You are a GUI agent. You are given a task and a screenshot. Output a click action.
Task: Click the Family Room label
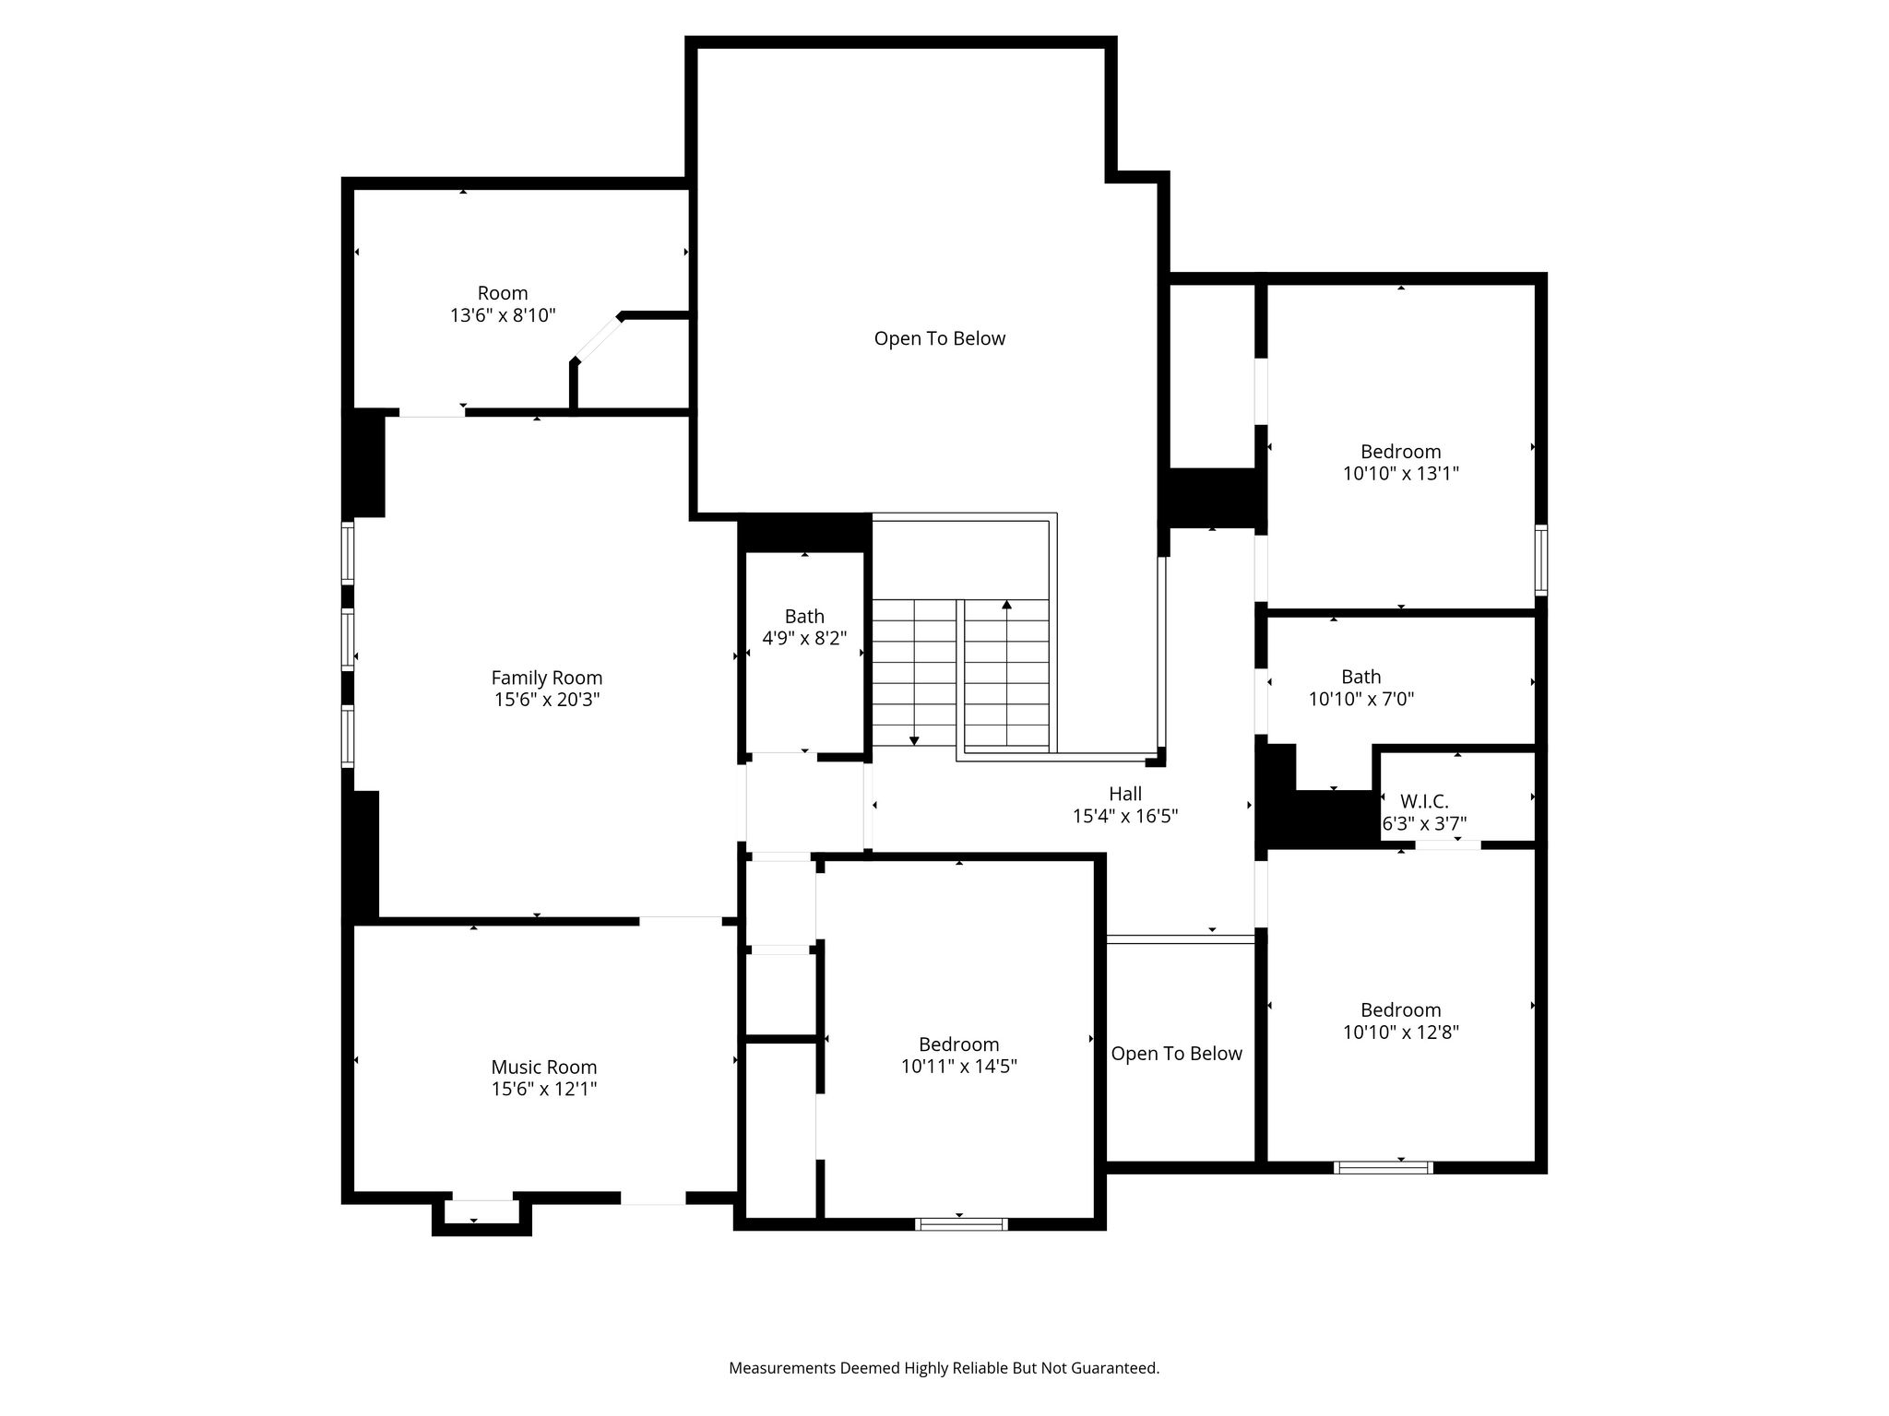click(546, 678)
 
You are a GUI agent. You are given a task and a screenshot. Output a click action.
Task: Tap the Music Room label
click(543, 1067)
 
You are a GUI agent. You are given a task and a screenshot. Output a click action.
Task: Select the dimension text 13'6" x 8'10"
click(503, 315)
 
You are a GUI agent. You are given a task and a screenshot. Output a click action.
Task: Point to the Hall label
click(1125, 794)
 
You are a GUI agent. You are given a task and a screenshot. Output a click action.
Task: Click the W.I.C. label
click(1424, 802)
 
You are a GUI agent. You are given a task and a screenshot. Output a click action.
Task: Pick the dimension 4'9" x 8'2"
click(804, 638)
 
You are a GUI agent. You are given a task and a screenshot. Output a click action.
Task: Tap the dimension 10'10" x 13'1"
click(1401, 474)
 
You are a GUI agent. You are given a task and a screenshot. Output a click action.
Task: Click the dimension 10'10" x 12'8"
click(1401, 1032)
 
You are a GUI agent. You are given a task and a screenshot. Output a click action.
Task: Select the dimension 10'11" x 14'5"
click(959, 1067)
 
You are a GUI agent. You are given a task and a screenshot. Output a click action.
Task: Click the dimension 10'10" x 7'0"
click(1361, 699)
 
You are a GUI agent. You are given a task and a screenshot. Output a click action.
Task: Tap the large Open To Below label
click(940, 338)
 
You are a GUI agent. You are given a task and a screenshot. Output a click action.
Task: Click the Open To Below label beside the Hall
click(1176, 1054)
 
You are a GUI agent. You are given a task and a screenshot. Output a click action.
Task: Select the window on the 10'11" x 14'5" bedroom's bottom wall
click(961, 1224)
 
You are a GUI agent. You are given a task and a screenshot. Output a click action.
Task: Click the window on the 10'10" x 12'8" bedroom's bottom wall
click(1384, 1167)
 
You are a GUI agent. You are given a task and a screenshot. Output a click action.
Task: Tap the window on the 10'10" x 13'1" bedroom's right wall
click(1541, 560)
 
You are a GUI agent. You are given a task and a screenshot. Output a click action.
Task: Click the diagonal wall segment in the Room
click(597, 338)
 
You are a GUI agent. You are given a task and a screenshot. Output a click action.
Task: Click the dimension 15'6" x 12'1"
click(544, 1089)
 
